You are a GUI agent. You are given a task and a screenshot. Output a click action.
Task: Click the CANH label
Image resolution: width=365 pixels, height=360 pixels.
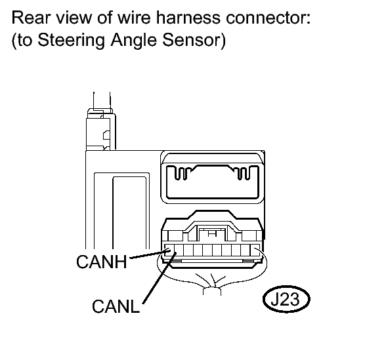pyautogui.click(x=102, y=262)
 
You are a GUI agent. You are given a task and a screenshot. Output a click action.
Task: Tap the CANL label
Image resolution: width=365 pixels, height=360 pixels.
pyautogui.click(x=116, y=306)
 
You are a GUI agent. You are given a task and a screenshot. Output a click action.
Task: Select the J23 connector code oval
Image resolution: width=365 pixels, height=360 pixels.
pyautogui.click(x=286, y=299)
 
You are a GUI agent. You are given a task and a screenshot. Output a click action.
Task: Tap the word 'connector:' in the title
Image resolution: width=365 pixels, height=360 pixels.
pyautogui.click(x=268, y=18)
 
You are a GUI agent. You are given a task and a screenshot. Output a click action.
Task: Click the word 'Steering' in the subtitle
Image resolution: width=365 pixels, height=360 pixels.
pyautogui.click(x=72, y=41)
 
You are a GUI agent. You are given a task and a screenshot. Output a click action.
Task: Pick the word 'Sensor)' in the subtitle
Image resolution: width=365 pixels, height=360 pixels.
pyautogui.click(x=194, y=40)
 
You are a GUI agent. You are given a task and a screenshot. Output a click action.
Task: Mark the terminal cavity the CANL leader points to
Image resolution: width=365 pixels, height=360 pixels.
pyautogui.click(x=179, y=250)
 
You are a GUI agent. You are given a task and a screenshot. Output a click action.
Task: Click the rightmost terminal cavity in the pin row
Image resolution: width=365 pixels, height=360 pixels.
pyautogui.click(x=255, y=250)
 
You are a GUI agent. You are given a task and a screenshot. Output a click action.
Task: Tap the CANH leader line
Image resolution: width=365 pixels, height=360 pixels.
pyautogui.click(x=150, y=254)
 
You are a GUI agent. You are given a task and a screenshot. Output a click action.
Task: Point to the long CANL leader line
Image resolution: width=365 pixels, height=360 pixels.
pyautogui.click(x=160, y=278)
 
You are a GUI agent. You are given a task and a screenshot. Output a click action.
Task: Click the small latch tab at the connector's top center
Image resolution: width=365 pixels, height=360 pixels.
pyautogui.click(x=211, y=233)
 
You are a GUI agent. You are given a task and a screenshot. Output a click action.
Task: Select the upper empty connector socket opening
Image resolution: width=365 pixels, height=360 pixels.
pyautogui.click(x=212, y=182)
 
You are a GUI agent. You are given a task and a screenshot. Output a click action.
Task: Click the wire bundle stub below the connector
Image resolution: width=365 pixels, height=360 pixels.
pyautogui.click(x=212, y=291)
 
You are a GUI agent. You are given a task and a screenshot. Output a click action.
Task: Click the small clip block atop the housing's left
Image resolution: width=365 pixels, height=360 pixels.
pyautogui.click(x=101, y=131)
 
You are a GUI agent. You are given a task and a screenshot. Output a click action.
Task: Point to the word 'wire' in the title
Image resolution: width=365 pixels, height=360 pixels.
pyautogui.click(x=133, y=18)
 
